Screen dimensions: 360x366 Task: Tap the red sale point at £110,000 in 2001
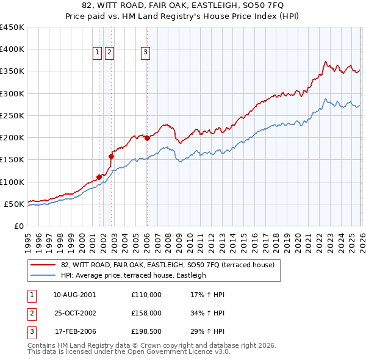pos(99,177)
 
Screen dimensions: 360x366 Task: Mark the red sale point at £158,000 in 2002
pos(112,156)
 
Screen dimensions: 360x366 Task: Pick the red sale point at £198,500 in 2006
pos(147,138)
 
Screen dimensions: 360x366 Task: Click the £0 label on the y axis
pos(18,226)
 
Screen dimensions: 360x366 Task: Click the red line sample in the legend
pos(43,265)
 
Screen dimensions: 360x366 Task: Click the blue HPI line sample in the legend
pos(43,275)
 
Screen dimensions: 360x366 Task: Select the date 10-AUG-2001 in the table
pos(74,295)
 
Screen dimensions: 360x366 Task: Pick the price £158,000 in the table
pos(146,314)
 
